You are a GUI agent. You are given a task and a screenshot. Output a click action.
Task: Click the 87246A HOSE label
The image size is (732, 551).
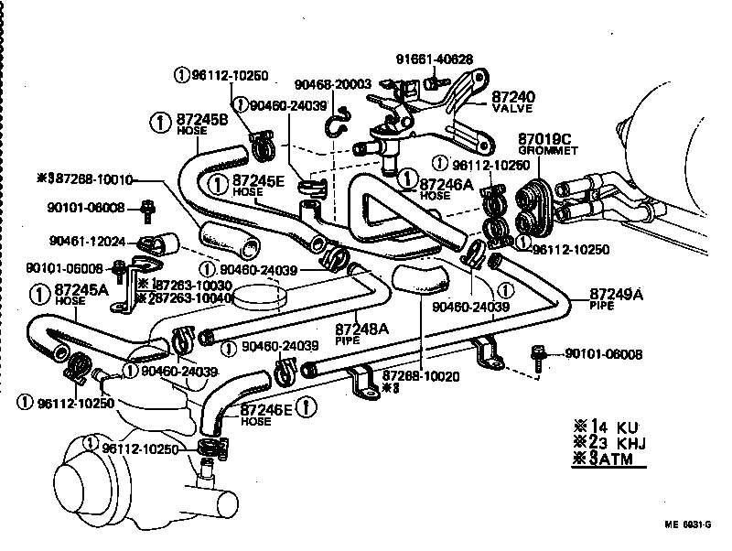pos(446,188)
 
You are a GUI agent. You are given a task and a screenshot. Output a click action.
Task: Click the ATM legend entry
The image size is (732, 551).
pos(608,459)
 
